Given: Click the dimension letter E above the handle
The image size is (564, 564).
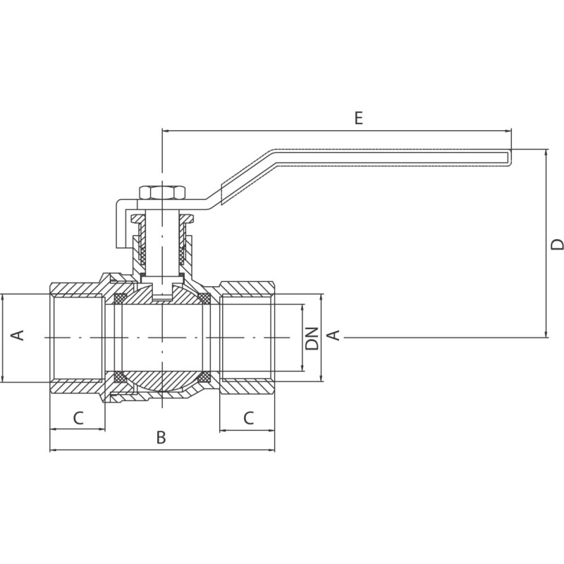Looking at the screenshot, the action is (x=359, y=118).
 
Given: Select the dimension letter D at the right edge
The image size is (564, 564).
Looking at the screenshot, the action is (x=557, y=245).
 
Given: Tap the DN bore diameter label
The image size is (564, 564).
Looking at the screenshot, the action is (x=312, y=338).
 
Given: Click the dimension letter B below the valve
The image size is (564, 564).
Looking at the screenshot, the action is (x=161, y=437).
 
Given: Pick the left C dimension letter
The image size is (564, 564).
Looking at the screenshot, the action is (x=78, y=417).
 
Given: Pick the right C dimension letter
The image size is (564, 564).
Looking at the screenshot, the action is (x=249, y=417).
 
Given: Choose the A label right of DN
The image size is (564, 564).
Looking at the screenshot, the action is (x=333, y=335).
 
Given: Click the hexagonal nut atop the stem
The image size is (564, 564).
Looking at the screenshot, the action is (x=162, y=192).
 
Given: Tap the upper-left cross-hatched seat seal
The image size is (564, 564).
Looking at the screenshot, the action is (x=120, y=298).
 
